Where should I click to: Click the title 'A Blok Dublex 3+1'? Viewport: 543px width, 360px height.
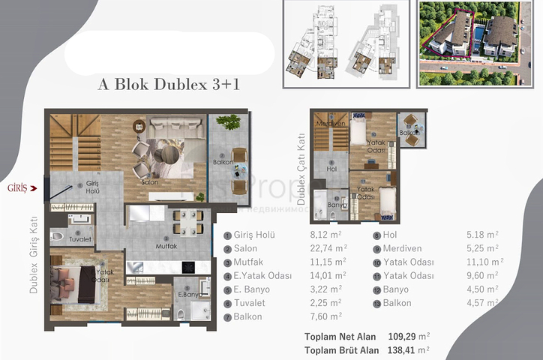(x=169, y=84)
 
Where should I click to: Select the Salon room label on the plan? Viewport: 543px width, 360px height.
(x=148, y=182)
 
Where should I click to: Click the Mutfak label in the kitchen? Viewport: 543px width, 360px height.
(x=166, y=245)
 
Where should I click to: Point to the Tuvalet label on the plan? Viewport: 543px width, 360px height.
(x=80, y=240)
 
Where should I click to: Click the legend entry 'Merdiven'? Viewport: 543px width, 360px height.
(x=404, y=248)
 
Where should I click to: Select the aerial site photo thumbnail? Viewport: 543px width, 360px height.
(x=467, y=43)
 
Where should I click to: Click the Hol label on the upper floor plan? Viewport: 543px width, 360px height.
(x=330, y=170)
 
